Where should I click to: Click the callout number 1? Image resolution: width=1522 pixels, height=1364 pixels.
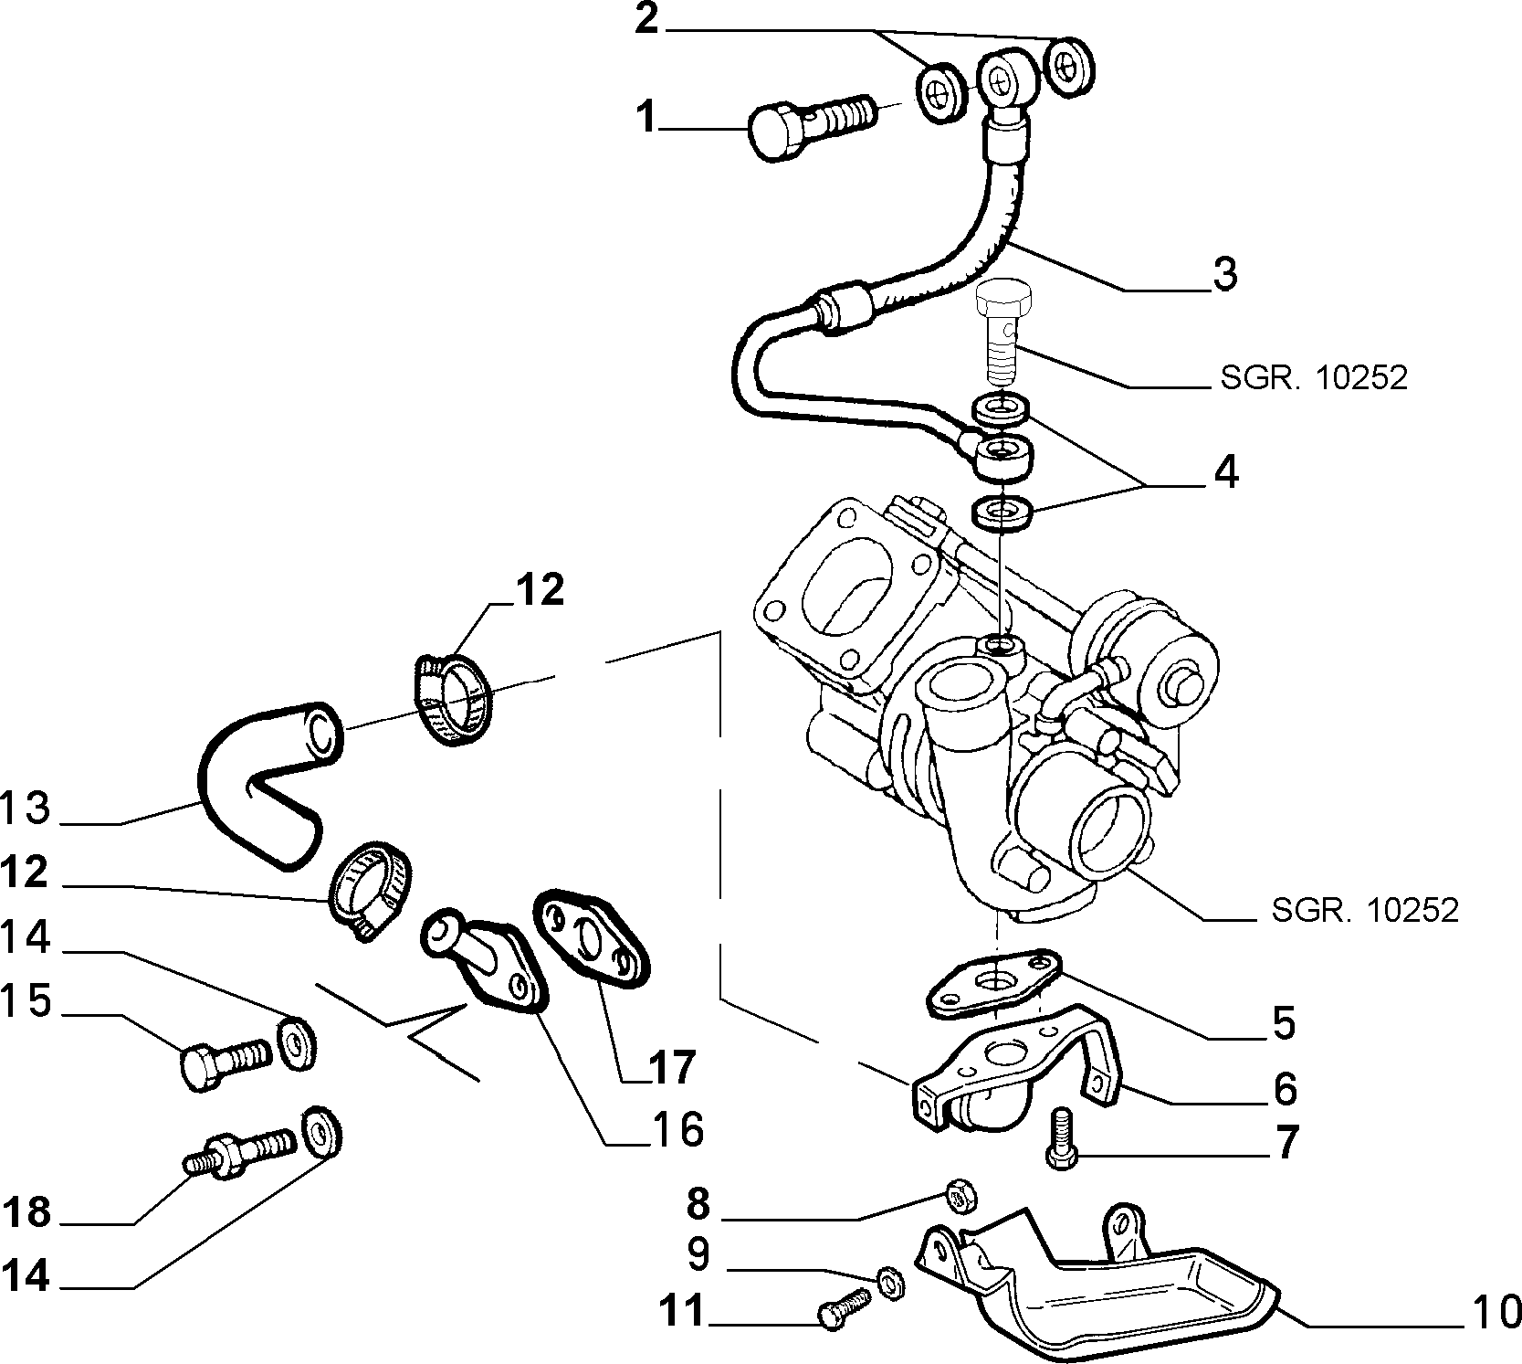(647, 119)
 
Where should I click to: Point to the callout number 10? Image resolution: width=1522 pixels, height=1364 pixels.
(1495, 1312)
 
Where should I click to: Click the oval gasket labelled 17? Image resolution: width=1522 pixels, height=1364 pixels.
(593, 937)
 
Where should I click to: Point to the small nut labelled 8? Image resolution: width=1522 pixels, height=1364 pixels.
(957, 1194)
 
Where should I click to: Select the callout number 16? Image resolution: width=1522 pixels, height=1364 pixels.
(677, 1130)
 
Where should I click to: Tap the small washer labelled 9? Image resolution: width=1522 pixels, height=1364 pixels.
(889, 1287)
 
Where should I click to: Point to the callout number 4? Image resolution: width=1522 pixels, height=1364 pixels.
(1225, 472)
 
